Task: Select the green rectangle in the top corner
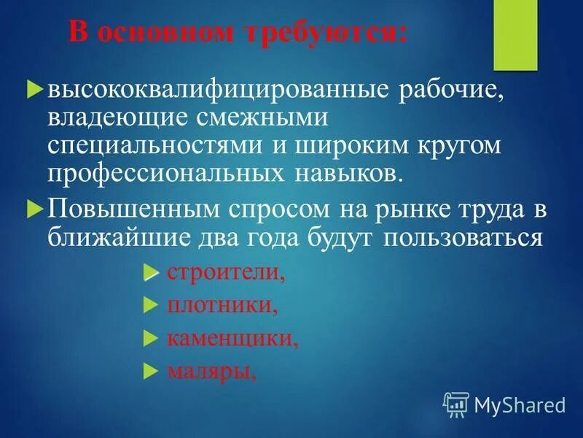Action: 515,35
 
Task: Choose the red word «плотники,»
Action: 222,305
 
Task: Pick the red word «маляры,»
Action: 211,372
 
